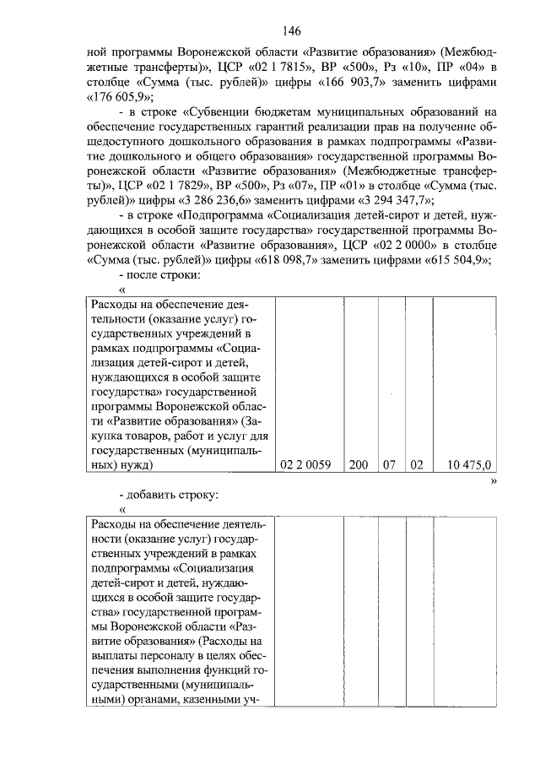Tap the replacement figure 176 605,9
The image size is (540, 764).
click(125, 96)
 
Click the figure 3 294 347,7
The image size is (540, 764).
click(395, 199)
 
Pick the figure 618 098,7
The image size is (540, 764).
click(246, 260)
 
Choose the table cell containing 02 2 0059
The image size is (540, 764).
click(308, 463)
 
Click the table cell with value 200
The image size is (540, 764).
click(358, 463)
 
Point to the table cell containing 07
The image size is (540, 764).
click(390, 463)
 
